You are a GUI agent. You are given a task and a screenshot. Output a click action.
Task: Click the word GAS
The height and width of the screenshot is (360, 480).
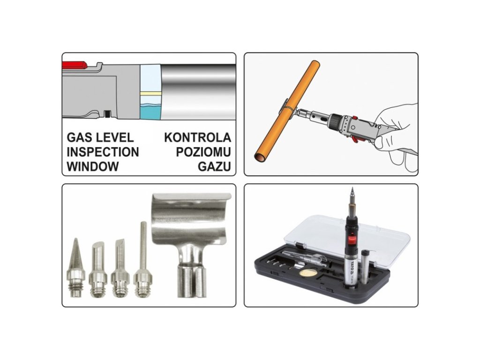click(80, 137)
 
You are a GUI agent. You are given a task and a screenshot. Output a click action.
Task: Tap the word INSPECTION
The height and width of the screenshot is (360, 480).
click(103, 152)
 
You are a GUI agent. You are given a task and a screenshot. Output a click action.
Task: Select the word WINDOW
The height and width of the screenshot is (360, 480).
click(93, 167)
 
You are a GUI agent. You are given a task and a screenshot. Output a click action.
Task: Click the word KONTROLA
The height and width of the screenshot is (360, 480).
click(197, 137)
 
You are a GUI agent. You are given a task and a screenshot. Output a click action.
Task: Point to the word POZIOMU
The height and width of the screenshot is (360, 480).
click(203, 152)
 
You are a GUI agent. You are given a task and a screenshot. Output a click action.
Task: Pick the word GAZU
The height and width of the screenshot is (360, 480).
click(214, 167)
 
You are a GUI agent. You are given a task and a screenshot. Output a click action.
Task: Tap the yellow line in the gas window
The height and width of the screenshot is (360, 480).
click(150, 92)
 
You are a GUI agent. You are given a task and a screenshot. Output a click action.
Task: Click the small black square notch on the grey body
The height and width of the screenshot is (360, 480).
click(107, 114)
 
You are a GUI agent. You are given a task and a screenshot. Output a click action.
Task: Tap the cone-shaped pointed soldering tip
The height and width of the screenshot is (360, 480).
click(75, 267)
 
